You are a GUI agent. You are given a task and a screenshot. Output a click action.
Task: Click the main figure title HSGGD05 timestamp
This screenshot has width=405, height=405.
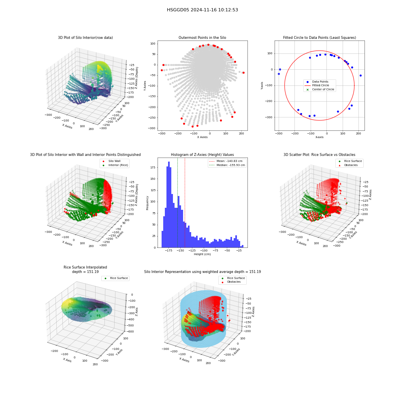click(202, 10)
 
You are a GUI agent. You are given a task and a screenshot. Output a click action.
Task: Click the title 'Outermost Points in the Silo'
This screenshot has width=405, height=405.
click(202, 38)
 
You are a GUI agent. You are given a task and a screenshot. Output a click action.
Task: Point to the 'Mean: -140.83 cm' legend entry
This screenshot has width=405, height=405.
click(227, 161)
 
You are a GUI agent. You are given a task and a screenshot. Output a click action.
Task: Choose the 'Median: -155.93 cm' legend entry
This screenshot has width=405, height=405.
click(227, 165)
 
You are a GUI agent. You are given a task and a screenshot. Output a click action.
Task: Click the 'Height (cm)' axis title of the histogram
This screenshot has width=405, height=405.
click(202, 254)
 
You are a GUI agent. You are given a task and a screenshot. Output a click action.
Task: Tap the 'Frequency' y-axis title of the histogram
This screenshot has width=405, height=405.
click(147, 203)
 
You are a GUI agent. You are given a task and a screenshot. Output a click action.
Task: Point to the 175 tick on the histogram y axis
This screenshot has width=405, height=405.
click(153, 168)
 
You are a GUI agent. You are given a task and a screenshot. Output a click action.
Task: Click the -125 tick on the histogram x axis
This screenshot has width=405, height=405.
click(192, 251)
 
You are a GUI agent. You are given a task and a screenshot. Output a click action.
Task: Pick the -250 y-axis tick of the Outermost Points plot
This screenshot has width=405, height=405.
click(152, 117)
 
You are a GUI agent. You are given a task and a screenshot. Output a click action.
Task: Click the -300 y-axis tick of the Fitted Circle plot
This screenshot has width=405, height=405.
click(269, 117)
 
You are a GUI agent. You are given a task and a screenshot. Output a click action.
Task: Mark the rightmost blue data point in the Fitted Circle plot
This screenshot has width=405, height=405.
click(360, 76)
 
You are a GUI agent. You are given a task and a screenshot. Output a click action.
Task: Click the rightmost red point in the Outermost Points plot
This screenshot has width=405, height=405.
click(243, 73)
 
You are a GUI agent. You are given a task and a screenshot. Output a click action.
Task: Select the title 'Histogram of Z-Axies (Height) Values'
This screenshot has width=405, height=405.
click(202, 155)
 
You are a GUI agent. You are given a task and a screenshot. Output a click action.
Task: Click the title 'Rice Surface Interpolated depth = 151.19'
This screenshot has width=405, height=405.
click(85, 269)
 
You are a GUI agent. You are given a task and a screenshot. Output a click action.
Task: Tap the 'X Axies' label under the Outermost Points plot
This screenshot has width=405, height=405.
click(202, 137)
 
